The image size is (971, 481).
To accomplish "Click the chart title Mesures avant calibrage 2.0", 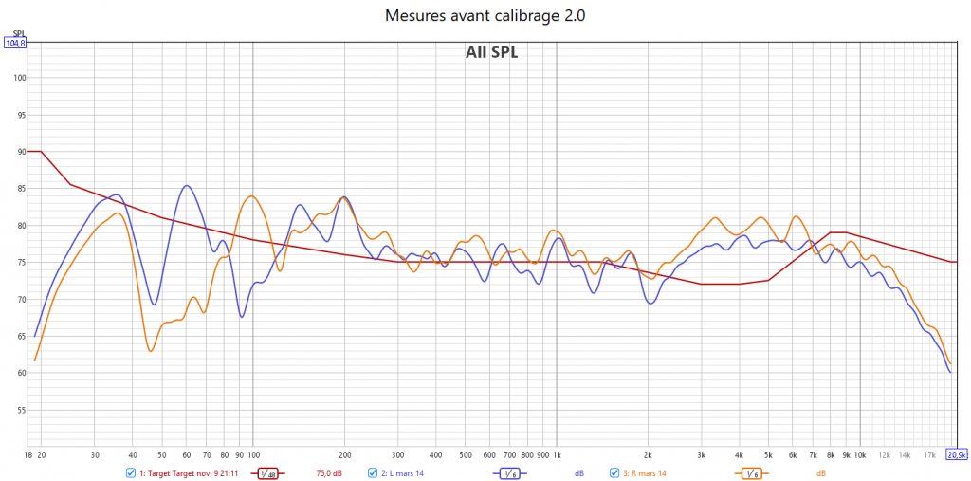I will click(485, 16).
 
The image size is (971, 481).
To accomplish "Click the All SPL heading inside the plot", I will click(491, 52).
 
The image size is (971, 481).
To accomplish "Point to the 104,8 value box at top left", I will click(15, 43).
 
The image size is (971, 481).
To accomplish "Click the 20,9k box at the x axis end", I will click(956, 454).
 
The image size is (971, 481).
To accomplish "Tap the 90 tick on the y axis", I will click(20, 152).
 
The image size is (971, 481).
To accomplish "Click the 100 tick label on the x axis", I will click(253, 455).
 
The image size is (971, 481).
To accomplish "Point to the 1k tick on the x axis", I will click(557, 455).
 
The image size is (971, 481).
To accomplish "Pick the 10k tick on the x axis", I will click(860, 455).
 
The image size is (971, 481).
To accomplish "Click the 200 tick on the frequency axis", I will click(344, 455).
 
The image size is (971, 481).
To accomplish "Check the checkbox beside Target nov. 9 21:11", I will click(131, 472).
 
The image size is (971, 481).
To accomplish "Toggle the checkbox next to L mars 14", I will click(373, 472).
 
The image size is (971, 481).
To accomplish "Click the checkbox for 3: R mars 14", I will click(614, 472).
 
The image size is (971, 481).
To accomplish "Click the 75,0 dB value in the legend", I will click(328, 472).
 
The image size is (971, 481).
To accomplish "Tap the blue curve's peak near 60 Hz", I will click(187, 186).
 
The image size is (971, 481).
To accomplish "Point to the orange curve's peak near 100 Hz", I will click(251, 196).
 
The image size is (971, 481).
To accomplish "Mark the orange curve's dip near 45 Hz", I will click(150, 352).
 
